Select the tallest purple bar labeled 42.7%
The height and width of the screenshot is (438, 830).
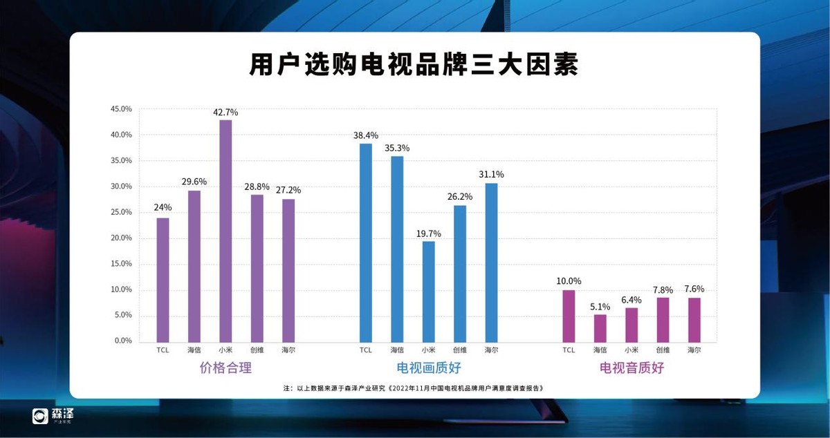pos(225,231)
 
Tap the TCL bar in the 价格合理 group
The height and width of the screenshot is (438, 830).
pos(163,280)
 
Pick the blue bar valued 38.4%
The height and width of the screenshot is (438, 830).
pos(366,242)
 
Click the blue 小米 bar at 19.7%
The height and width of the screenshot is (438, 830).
pos(429,291)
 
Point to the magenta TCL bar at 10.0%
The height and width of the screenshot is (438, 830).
pos(569,316)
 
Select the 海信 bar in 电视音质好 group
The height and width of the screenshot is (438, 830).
pos(600,328)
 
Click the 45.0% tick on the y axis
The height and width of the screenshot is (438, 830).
pos(121,109)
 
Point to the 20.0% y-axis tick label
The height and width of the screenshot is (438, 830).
pos(121,238)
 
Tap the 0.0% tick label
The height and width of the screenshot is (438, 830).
pos(123,341)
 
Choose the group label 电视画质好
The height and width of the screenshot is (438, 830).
pos(429,368)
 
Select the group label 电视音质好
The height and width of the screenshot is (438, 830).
pos(631,368)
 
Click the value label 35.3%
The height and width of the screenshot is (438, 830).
pos(397,148)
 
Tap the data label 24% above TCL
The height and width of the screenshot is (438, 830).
pos(163,207)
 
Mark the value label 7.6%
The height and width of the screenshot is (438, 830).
pos(694,289)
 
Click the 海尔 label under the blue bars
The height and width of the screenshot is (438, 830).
pos(491,350)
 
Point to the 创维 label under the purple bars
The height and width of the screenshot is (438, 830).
pos(257,350)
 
